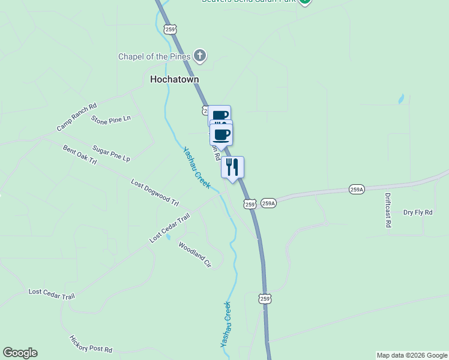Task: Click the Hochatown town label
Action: (x=174, y=79)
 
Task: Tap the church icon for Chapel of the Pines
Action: (x=200, y=57)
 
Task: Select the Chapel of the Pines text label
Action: (x=154, y=57)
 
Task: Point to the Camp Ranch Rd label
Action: (x=77, y=118)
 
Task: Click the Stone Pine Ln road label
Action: (x=111, y=119)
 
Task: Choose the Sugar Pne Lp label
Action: (x=111, y=153)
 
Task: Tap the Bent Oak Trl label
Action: (x=80, y=154)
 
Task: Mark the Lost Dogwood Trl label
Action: (x=155, y=192)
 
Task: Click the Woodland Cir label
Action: (x=195, y=254)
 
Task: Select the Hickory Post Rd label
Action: (x=91, y=344)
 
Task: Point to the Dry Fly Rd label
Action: (x=418, y=212)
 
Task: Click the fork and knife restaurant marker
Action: (x=232, y=167)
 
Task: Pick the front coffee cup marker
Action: (x=221, y=135)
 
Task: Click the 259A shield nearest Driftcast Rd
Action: (x=357, y=190)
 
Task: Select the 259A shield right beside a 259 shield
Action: (x=268, y=203)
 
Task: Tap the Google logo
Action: (x=20, y=353)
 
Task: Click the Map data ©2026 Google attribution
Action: (x=412, y=355)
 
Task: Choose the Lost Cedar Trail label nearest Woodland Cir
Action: (x=170, y=228)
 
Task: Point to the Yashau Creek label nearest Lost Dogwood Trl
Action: (x=197, y=167)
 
